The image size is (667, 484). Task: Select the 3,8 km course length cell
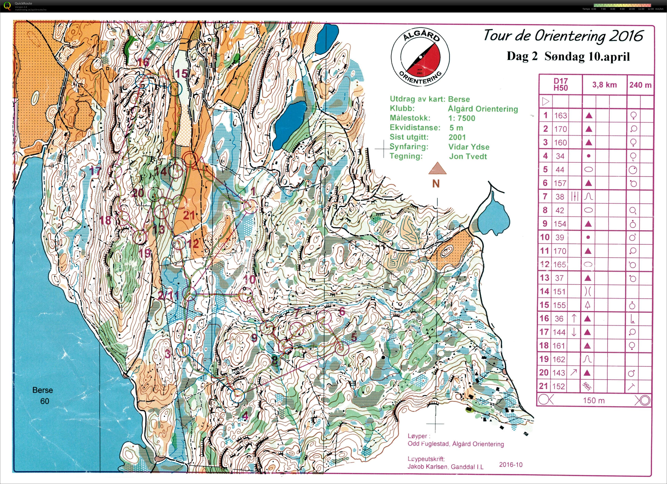(x=604, y=85)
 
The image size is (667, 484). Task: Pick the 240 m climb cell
(x=640, y=85)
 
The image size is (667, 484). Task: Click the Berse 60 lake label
(x=43, y=395)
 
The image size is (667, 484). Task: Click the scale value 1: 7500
(x=462, y=118)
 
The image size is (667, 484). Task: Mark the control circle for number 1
(x=251, y=207)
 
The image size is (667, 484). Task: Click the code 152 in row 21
(x=559, y=386)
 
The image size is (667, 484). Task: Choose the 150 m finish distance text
(x=594, y=400)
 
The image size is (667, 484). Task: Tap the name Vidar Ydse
(x=469, y=147)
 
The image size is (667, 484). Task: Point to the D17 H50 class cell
(x=561, y=84)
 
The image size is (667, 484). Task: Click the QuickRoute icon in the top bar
(x=8, y=6)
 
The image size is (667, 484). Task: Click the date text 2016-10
(x=511, y=465)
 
